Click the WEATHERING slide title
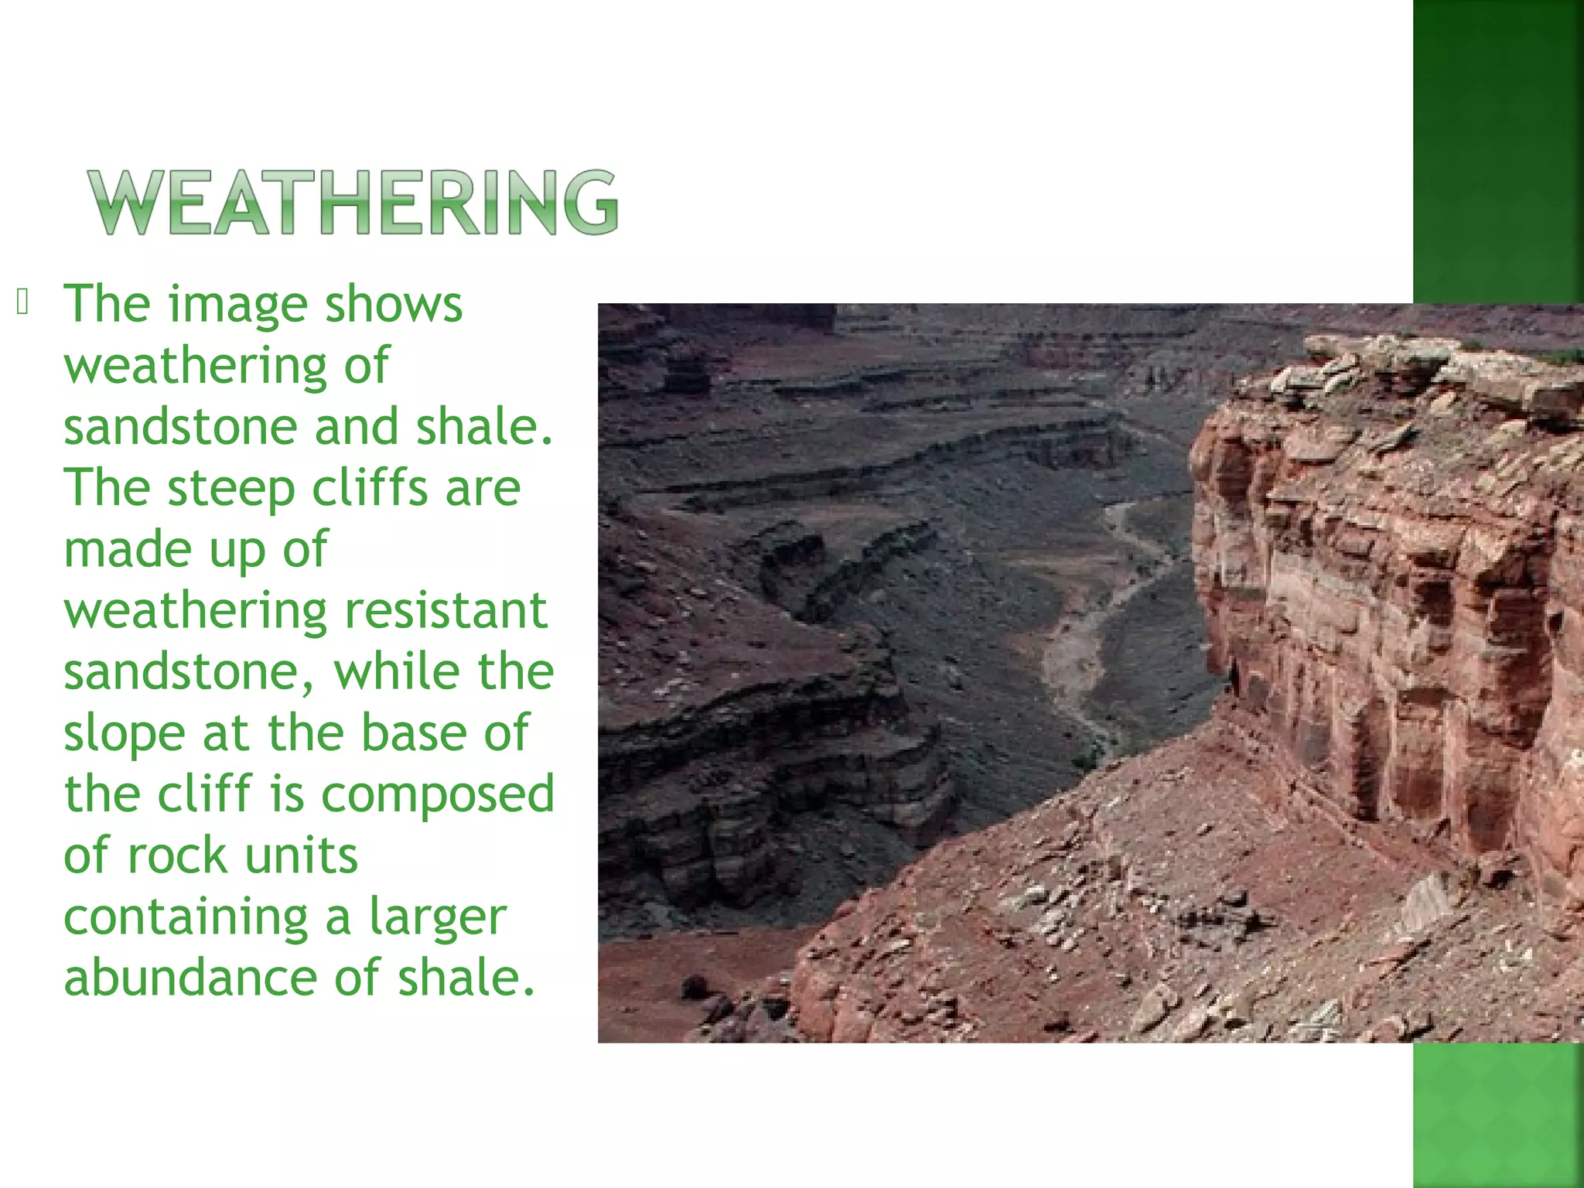(x=353, y=202)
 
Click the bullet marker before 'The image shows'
(x=22, y=302)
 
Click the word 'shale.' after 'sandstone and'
(x=485, y=427)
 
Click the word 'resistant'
(x=445, y=610)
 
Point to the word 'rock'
(x=176, y=855)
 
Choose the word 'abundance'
(x=189, y=978)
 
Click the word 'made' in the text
(x=125, y=549)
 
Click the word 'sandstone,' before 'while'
(x=189, y=671)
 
